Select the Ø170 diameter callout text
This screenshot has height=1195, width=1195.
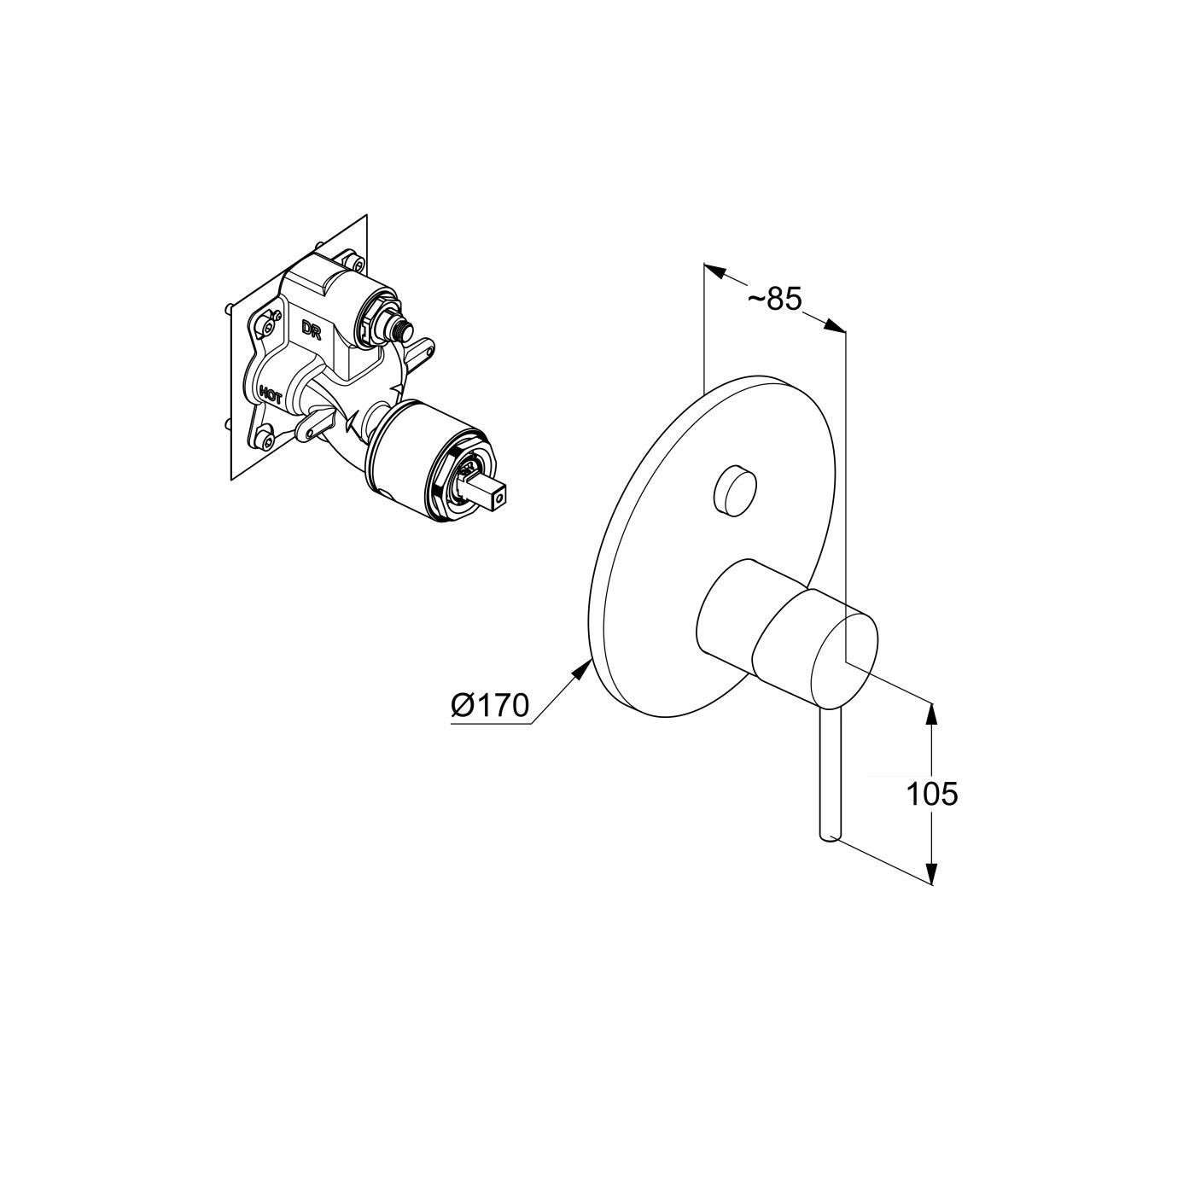(491, 705)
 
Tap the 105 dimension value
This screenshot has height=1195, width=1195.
(932, 794)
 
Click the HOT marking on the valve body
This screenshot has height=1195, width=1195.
(271, 394)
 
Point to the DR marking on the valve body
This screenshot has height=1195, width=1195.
(311, 329)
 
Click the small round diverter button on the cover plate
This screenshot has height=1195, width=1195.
(735, 481)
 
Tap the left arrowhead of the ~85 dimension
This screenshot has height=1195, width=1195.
(715, 271)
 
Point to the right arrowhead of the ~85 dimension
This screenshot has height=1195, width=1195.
(835, 325)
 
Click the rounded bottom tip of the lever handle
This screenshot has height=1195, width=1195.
(830, 837)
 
